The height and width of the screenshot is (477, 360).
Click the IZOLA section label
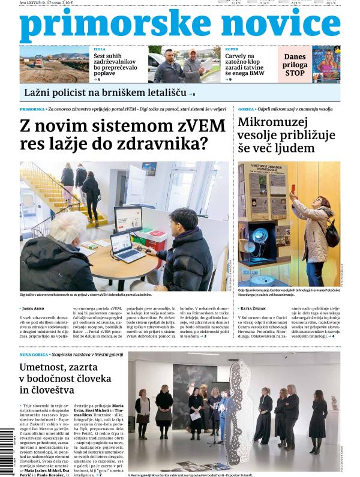[x=99, y=49]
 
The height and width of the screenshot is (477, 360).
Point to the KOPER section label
[x=232, y=49]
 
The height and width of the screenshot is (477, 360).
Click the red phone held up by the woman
[x=293, y=190]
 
